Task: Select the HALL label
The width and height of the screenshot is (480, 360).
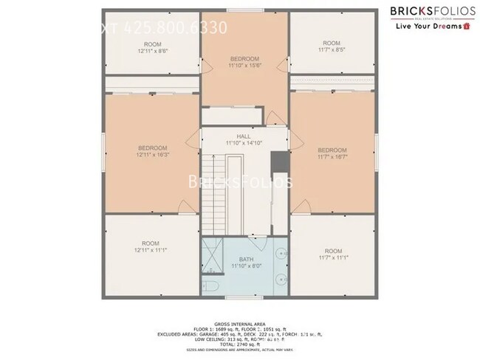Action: pos(244,136)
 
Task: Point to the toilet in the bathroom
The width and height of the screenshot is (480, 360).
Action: pos(210,286)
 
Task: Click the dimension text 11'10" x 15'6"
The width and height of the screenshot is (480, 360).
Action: pos(244,66)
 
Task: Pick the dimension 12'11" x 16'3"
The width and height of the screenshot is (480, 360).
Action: pos(151,155)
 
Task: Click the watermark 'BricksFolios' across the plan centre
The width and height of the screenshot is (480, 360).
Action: pos(241,181)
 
